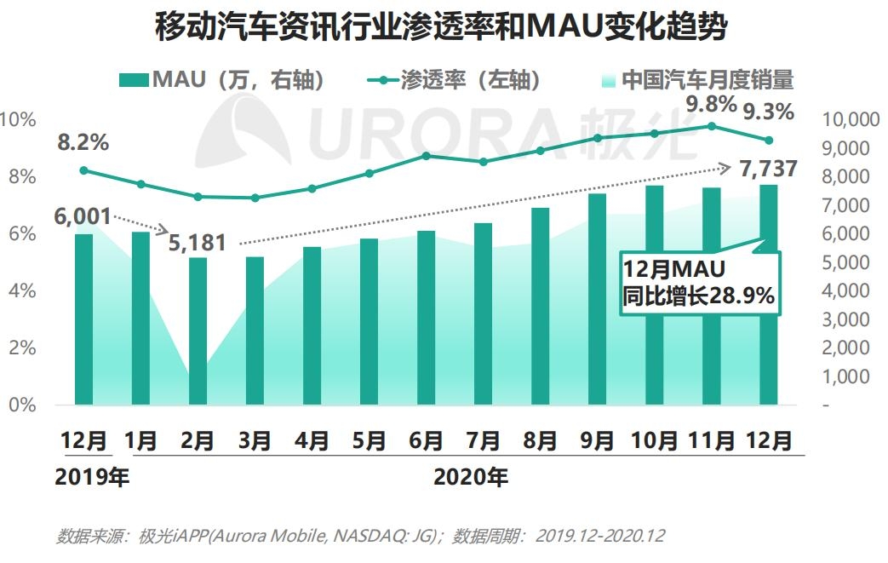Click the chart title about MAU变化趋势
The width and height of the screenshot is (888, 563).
[x=443, y=29]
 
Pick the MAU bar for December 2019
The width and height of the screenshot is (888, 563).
[x=83, y=319]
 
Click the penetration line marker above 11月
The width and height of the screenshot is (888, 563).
[x=711, y=126]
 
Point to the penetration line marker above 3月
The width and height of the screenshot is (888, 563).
[x=255, y=198]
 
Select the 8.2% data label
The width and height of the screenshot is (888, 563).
[x=83, y=143]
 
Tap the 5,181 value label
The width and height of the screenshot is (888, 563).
[x=198, y=244]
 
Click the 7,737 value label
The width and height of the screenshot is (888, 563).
[x=769, y=169]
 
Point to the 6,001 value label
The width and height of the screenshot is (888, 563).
[x=83, y=216]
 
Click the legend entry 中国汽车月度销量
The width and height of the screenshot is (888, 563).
[x=696, y=81]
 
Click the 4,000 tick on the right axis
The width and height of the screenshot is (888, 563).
[x=845, y=290]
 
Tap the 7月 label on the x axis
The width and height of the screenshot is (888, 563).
[x=483, y=440]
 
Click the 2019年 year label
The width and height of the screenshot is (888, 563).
[x=91, y=478]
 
